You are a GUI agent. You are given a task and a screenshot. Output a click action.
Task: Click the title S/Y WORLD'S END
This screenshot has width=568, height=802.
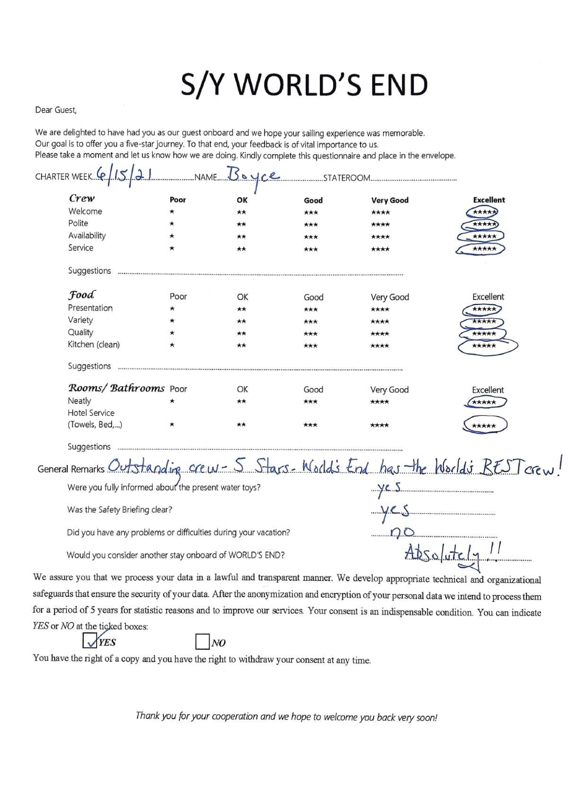[x=304, y=85]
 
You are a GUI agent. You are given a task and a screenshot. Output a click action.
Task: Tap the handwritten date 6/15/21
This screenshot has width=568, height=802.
[x=124, y=175]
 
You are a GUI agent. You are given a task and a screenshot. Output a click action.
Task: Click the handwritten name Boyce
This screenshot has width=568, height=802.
[x=253, y=176]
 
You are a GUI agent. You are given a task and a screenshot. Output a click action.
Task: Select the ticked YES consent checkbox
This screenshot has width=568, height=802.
[x=89, y=641]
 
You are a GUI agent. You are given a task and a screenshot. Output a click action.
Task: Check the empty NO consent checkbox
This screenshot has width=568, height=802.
[x=202, y=642]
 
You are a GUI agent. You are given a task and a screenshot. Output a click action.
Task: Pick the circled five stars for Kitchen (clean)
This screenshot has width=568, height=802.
[x=485, y=346]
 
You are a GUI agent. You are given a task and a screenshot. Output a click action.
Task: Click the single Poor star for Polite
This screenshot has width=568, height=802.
[x=172, y=224]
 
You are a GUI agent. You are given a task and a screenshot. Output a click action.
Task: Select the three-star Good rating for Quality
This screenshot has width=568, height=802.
[x=311, y=334]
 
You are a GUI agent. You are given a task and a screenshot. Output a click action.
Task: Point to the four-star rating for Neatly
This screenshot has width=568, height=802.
[x=380, y=402]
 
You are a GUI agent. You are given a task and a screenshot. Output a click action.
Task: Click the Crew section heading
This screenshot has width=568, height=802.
[x=81, y=199]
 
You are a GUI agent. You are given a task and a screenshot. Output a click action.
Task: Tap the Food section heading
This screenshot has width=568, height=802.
[x=81, y=296]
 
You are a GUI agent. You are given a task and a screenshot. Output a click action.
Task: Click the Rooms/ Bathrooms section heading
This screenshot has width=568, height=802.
[x=116, y=389]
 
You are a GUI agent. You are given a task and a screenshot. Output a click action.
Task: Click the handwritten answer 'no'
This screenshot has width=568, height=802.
[x=403, y=533]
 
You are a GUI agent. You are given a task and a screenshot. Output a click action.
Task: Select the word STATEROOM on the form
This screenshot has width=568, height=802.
[x=346, y=178]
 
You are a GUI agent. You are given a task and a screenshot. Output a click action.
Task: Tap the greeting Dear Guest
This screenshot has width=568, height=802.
[x=55, y=110]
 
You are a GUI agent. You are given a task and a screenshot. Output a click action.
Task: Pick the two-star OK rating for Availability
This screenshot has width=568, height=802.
[x=241, y=237]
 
